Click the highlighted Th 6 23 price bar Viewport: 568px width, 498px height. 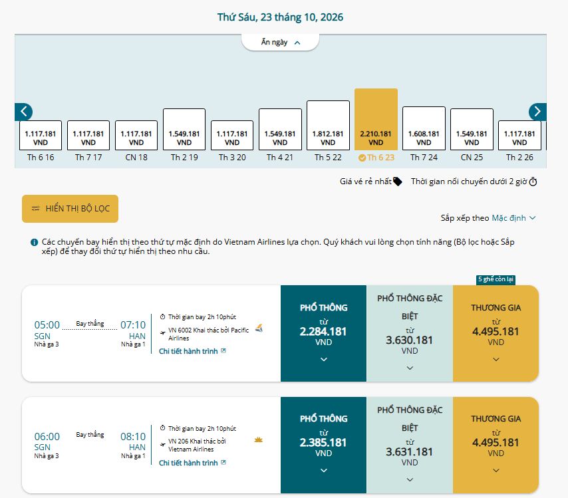[376, 119]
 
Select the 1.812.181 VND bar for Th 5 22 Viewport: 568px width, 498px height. [328, 125]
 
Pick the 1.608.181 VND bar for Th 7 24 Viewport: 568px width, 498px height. [424, 128]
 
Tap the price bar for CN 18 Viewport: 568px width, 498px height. [136, 136]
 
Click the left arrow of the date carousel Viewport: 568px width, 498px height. [23, 112]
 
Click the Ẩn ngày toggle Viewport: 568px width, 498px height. [280, 43]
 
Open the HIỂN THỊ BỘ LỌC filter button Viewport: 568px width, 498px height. [70, 209]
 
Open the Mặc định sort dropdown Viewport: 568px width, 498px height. [513, 218]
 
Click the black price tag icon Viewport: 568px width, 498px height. [397, 182]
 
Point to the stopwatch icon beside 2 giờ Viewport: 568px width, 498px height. [533, 182]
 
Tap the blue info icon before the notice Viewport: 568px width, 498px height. [34, 242]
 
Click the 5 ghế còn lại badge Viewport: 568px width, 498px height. [496, 279]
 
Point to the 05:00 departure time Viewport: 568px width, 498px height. [47, 325]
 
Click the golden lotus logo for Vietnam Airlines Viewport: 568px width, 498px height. [258, 440]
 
